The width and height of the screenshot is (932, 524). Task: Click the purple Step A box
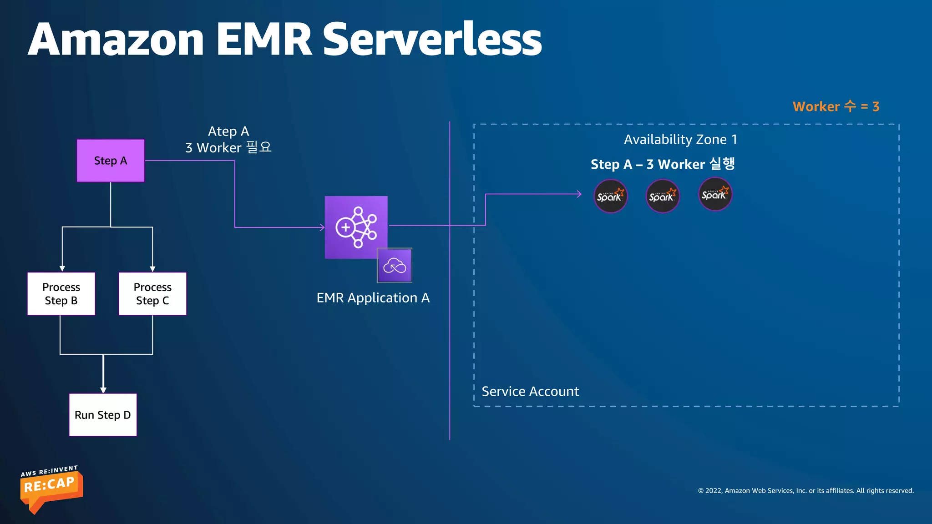pos(111,161)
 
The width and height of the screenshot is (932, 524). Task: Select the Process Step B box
pos(61,294)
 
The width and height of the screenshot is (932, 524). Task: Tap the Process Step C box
pos(152,294)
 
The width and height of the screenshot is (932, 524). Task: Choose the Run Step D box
pos(103,415)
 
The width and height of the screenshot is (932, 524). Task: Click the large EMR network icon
pos(356,227)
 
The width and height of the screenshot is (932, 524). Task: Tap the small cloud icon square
pos(395,266)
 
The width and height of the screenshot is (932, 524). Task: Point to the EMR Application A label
pos(373,298)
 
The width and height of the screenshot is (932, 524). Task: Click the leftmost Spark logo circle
pos(610,196)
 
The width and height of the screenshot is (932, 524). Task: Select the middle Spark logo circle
pos(663,196)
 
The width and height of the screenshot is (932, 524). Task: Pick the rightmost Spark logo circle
pos(715,194)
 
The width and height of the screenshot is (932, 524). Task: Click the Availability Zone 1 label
pos(680,140)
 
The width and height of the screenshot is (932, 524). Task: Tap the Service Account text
pos(530,392)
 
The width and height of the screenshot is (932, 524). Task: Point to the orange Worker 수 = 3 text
pos(836,106)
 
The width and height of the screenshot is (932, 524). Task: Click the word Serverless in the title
pos(432,40)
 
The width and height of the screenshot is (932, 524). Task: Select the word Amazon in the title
pos(116,40)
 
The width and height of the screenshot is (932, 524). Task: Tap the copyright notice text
pos(805,491)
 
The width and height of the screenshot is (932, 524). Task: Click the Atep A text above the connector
pos(228,131)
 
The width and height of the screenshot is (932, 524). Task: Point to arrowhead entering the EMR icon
pos(322,227)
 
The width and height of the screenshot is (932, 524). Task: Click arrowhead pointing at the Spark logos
pos(579,194)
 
